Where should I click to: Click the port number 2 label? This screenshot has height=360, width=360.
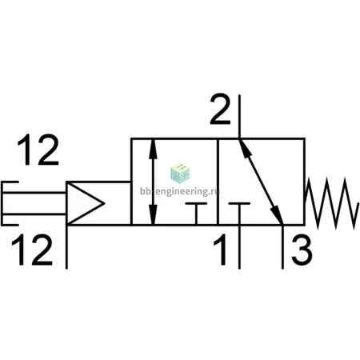(x=220, y=109)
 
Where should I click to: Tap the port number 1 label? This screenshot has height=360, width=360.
(x=221, y=250)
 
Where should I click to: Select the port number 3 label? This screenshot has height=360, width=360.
(x=302, y=250)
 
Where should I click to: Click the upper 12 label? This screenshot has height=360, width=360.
(x=38, y=150)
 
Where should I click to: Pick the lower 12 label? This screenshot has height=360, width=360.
(x=32, y=250)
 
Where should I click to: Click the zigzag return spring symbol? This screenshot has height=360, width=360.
(x=331, y=203)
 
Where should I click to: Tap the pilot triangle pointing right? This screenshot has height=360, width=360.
(x=85, y=203)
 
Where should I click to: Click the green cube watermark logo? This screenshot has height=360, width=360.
(x=180, y=173)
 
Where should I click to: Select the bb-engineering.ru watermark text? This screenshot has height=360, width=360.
(x=179, y=191)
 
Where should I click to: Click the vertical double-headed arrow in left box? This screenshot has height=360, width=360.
(x=153, y=182)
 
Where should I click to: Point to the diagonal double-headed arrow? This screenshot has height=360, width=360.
(x=261, y=182)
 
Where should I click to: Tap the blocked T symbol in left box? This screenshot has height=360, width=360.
(x=196, y=214)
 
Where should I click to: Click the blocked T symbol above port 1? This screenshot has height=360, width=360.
(x=239, y=214)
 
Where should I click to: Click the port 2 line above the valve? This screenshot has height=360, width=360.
(x=239, y=117)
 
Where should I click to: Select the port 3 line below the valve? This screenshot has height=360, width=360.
(x=282, y=247)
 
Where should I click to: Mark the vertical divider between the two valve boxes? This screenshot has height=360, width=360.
(x=218, y=182)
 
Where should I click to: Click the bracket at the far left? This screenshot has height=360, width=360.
(x=2, y=203)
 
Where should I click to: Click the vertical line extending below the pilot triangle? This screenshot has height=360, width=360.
(x=66, y=247)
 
